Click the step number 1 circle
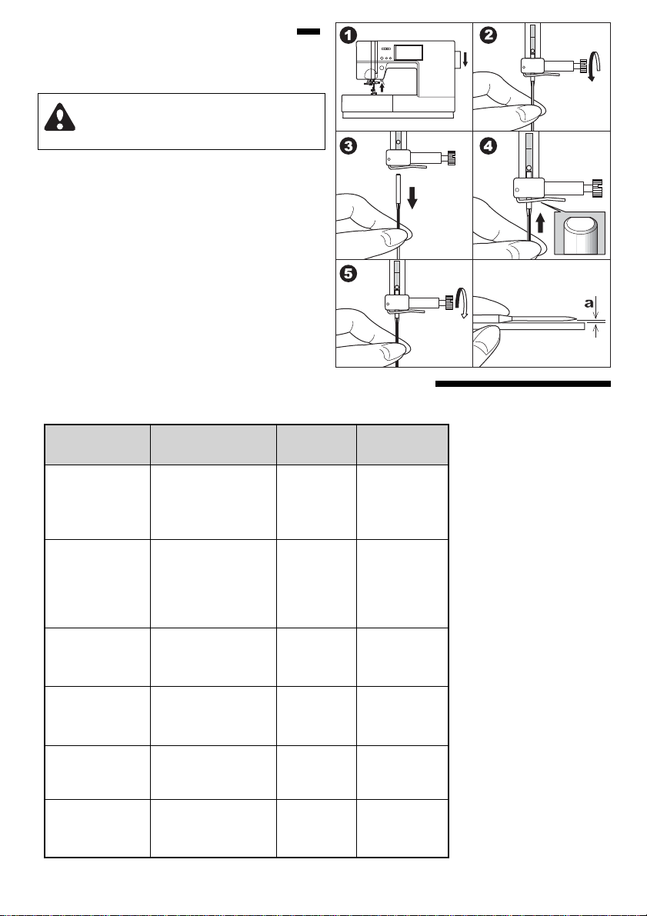(348, 35)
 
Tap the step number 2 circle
(488, 35)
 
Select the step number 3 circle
(348, 145)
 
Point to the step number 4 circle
(488, 145)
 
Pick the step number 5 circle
(348, 273)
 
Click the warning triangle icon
(59, 117)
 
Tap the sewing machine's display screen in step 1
(408, 52)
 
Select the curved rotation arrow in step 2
(594, 66)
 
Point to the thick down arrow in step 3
(412, 197)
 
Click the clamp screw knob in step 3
(451, 158)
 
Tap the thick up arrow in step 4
(541, 222)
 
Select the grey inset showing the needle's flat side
(579, 233)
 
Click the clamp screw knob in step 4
(598, 189)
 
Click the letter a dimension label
(589, 302)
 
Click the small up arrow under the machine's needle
(382, 88)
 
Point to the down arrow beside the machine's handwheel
(466, 58)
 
